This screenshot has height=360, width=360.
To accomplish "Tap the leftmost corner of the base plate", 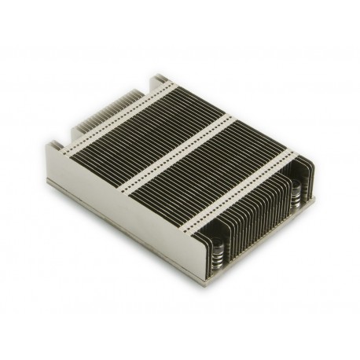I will tap(48, 182).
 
